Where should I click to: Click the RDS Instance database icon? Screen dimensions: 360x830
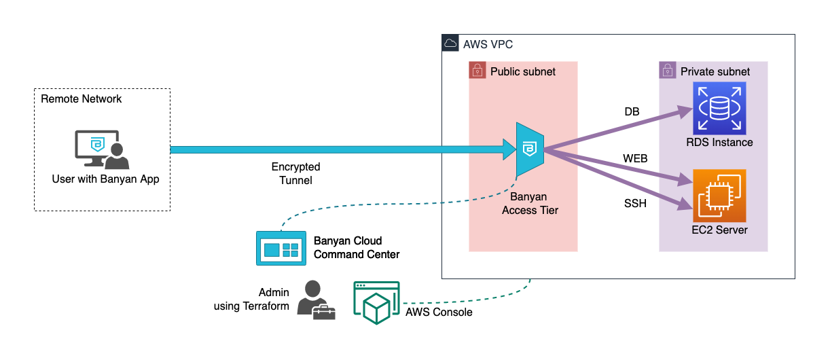[x=719, y=108]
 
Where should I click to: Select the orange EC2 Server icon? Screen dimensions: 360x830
[x=719, y=196]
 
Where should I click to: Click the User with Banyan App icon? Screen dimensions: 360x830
[x=101, y=150]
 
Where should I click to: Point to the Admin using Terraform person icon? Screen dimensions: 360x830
[x=315, y=300]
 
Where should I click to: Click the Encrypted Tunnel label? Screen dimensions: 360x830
[x=295, y=173]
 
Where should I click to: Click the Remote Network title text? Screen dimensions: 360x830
[x=82, y=99]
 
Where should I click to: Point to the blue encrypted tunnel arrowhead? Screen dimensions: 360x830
[x=508, y=149]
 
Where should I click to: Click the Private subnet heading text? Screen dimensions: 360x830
[x=715, y=71]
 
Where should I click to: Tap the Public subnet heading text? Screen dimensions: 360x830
[x=523, y=71]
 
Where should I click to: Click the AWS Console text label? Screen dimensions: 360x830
[x=439, y=312]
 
